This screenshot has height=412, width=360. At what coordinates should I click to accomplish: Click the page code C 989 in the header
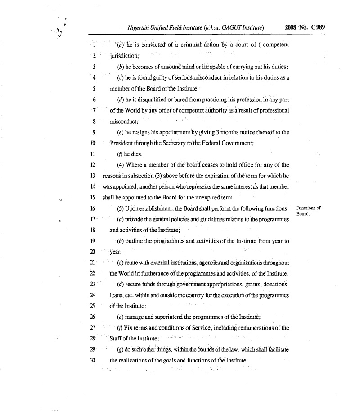click(318, 27)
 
